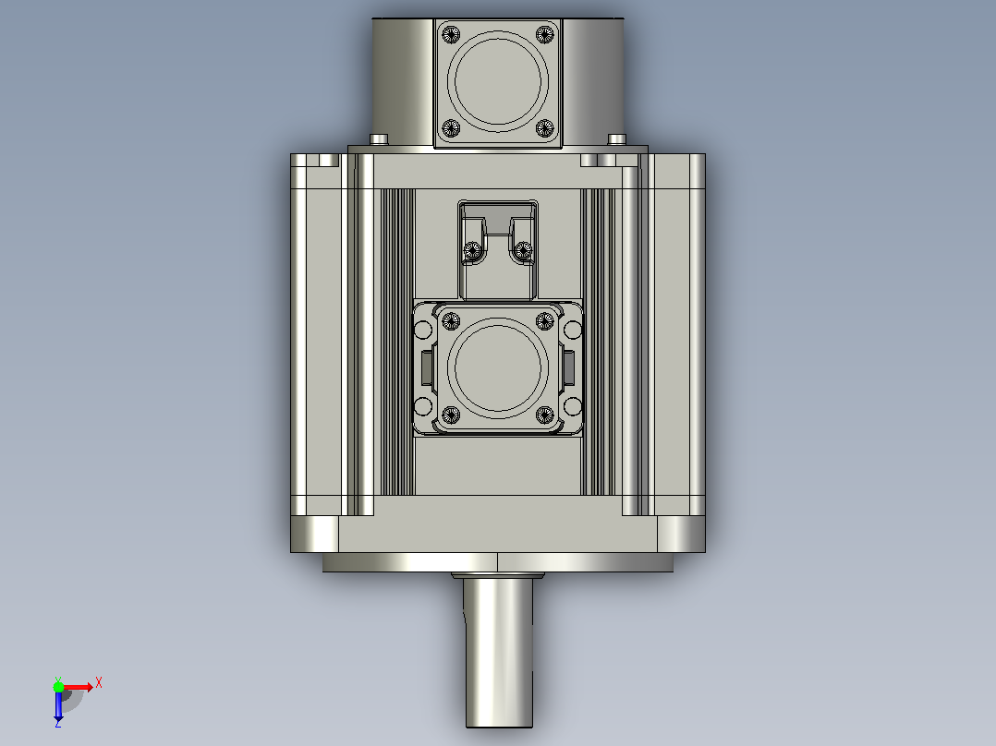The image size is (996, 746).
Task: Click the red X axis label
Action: coord(99,683)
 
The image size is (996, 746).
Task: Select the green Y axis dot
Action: coord(58,687)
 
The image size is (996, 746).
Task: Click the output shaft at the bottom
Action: coord(498,651)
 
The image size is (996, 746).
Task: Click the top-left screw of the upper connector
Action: coord(451,33)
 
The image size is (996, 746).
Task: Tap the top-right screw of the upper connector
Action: coord(545,33)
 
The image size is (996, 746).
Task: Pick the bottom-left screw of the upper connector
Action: coord(451,128)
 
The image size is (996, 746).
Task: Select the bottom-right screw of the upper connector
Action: coord(545,128)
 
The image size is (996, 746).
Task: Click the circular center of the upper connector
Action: coord(498,81)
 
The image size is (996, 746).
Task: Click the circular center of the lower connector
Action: coord(498,367)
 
